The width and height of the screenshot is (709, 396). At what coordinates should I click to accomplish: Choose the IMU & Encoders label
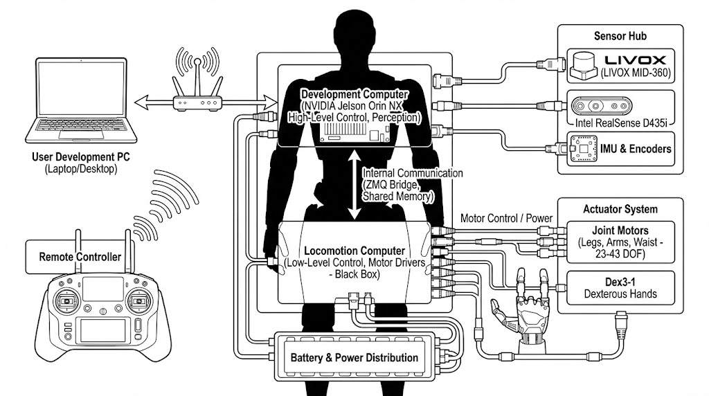coord(635,149)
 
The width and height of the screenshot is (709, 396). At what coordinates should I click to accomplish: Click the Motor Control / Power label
coord(507,218)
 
